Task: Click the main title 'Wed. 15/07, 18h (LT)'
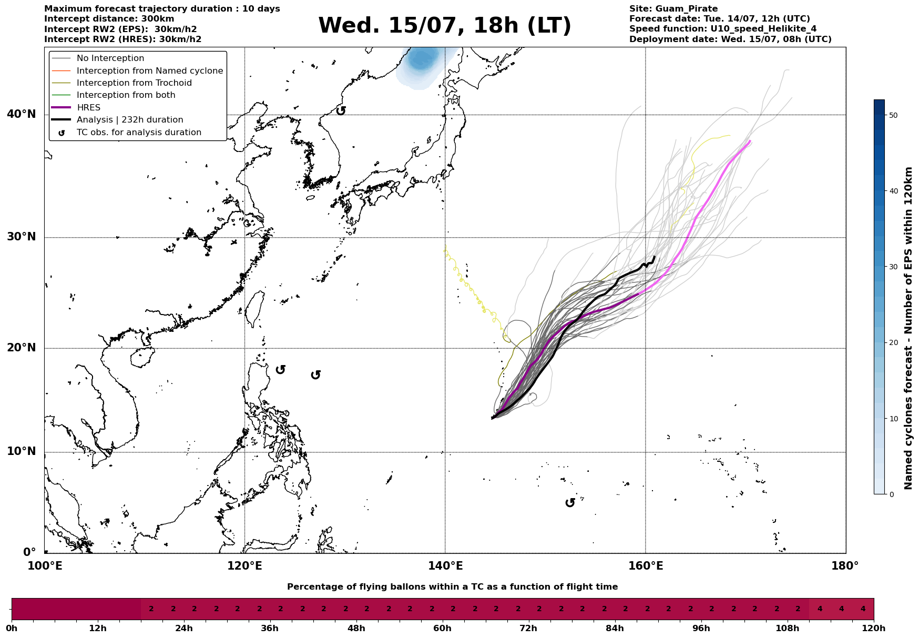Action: tap(445, 26)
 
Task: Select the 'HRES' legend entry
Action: tap(88, 107)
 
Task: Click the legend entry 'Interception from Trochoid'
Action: tap(134, 83)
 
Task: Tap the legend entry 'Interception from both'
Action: tap(126, 95)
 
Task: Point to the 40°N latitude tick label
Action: tap(22, 114)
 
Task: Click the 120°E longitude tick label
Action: tap(244, 566)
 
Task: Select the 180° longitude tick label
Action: tap(845, 566)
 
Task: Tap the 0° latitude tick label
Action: tap(29, 552)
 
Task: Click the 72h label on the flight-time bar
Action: tap(528, 628)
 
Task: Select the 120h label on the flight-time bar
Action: tap(874, 628)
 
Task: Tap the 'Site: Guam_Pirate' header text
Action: tap(673, 9)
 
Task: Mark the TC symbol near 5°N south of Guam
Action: tap(570, 503)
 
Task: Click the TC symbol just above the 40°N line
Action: tap(341, 110)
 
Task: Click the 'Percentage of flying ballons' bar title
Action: tap(452, 587)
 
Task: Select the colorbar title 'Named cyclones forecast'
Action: tap(908, 328)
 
